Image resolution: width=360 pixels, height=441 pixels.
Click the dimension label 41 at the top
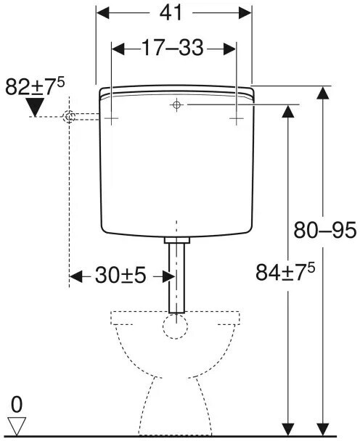171,13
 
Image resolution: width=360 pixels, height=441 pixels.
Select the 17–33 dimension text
172,48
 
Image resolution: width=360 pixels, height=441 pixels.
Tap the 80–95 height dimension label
325,230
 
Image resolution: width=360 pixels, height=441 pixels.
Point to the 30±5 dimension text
120,276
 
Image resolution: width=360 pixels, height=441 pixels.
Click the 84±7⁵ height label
285,271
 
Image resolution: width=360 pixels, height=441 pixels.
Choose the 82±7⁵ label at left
35,86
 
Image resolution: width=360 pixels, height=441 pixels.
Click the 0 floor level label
17,405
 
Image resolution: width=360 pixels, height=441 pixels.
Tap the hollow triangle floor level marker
17,426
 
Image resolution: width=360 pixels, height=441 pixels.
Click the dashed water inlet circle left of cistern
69,117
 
